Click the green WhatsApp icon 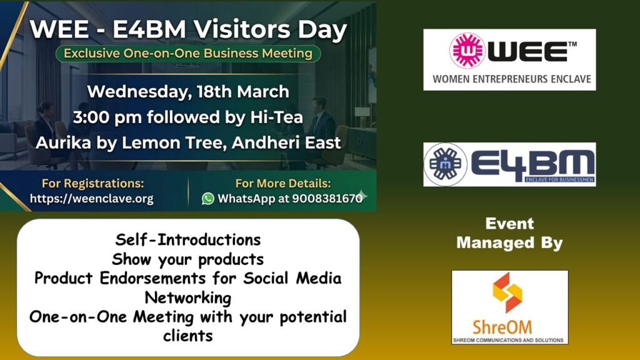[207, 199]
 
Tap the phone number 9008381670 [327, 198]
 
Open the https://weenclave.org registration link [92, 199]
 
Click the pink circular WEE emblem [467, 51]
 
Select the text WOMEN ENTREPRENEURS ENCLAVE [512, 79]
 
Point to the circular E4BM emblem [445, 164]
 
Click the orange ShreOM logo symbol [507, 292]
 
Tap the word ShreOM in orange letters [502, 327]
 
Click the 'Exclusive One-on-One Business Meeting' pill [188, 54]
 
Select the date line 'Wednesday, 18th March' [188, 92]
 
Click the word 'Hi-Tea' [276, 117]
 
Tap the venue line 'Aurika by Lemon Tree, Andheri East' [188, 143]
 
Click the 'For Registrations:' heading [93, 183]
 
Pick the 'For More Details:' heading [283, 183]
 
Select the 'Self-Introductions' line [187, 239]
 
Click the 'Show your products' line [187, 259]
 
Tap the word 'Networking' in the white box [187, 297]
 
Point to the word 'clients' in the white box [187, 336]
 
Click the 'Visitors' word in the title [242, 29]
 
